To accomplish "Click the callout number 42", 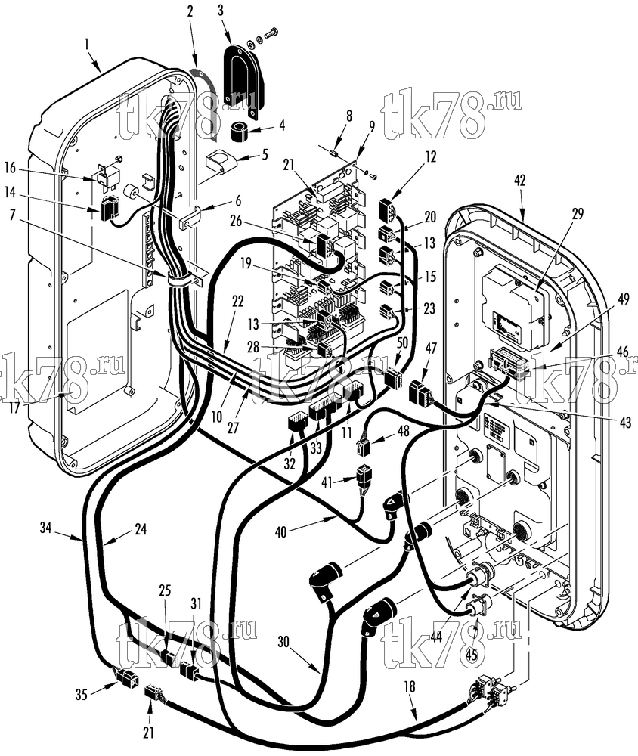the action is pos(519,181).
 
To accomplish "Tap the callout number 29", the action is pos(577,213).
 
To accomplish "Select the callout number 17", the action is pos(14,407).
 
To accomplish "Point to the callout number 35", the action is pos(82,694).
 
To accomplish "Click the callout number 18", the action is pos(410,686).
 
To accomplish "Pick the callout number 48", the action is pos(403,431).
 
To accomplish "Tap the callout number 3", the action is pos(221,11).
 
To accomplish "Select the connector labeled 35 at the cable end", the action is pos(126,677).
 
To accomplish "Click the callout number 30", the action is pos(284,641).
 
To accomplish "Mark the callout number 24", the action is pos(141,529).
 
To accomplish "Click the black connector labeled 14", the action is pos(109,207).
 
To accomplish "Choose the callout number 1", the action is pos(87,45).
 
